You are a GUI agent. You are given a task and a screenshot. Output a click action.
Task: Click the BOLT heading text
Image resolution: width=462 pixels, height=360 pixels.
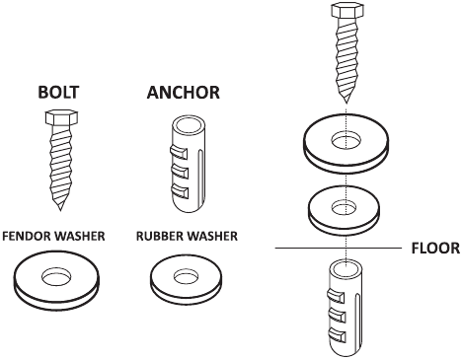tap(58, 93)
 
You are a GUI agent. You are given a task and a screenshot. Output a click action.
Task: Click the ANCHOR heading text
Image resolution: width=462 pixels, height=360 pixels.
tap(184, 93)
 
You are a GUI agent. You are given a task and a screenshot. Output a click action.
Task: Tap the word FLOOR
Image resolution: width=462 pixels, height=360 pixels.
tap(435, 249)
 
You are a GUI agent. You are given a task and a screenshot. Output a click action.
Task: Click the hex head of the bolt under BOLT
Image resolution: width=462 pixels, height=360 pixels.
tap(61, 117)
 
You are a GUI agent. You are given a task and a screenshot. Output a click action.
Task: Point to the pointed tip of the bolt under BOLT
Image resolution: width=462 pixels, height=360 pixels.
tap(60, 209)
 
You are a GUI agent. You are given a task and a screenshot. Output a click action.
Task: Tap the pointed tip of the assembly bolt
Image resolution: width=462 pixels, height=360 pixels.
tap(346, 102)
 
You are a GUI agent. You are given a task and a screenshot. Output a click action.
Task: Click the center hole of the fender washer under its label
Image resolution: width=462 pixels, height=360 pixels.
tap(56, 276)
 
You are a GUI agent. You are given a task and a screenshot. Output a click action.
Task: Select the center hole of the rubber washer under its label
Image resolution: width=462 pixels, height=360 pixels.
tap(187, 276)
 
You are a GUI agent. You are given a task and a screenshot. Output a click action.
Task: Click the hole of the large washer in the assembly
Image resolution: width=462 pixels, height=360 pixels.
tap(346, 139)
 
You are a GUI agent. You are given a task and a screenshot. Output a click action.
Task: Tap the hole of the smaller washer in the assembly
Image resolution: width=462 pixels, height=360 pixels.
tap(344, 208)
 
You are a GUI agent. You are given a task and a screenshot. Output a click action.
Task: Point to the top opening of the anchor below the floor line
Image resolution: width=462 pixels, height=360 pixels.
tap(346, 267)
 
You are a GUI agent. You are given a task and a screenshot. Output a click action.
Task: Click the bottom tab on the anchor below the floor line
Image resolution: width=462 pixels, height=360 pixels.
tap(336, 335)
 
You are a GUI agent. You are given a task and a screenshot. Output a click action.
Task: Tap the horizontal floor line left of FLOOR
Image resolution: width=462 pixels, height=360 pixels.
tap(339, 248)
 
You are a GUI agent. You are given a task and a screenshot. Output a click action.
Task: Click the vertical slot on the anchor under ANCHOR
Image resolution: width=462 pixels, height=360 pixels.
tap(199, 176)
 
